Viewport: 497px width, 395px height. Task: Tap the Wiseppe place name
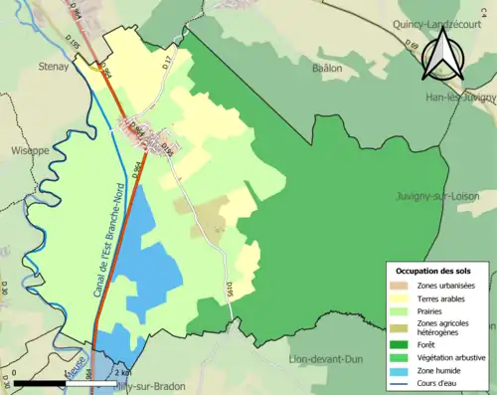coord(29,151)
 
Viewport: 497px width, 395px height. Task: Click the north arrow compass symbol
coord(444,53)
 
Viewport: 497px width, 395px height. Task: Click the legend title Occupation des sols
coord(433,271)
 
